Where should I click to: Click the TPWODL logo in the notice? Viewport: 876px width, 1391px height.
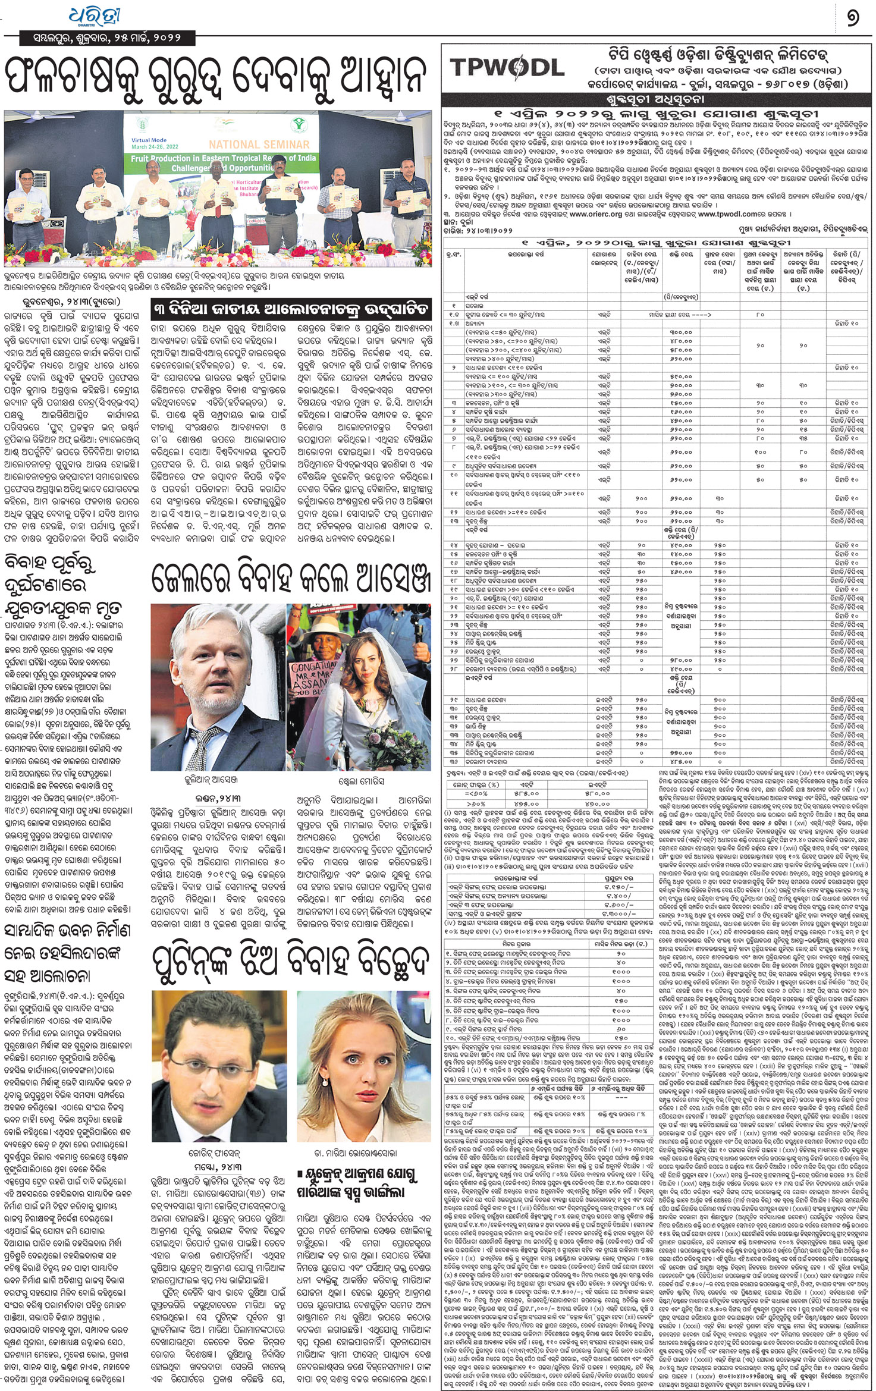507,67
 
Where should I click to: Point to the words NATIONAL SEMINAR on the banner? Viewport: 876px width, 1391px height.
259,144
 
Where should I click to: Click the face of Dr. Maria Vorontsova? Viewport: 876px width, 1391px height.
363,1047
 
